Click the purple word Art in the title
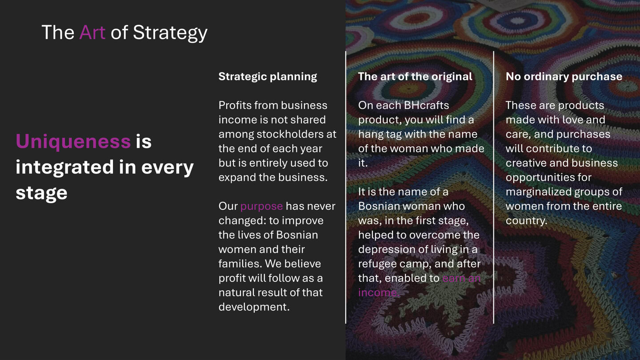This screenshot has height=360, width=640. pos(92,32)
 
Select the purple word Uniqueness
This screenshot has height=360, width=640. pos(73,142)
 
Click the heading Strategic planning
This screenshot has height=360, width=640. pos(268,76)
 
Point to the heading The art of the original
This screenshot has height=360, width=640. pos(415,76)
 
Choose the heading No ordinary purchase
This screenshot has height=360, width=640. pos(564,76)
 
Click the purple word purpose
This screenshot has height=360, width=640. pos(261,206)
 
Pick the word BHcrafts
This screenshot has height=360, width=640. pos(426,105)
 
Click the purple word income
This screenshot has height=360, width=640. pos(378,292)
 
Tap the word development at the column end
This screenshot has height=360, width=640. pos(253,307)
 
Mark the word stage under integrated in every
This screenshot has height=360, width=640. pos(41,193)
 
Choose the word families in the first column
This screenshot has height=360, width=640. pos(239,264)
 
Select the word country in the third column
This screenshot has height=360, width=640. pos(525,220)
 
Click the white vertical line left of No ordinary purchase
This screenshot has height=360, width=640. pos(493,187)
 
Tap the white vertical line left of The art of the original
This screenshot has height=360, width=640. pos(346,187)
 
